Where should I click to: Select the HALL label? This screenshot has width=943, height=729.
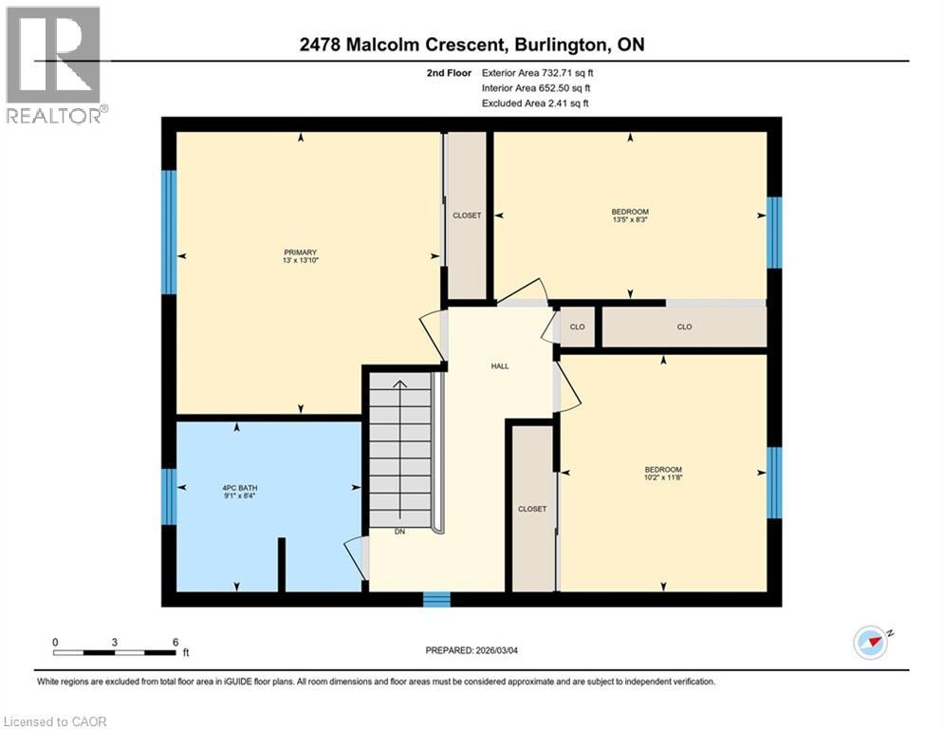(x=500, y=365)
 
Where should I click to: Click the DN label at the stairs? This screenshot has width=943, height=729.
(x=401, y=533)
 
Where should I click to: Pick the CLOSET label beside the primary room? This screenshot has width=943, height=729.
(x=467, y=215)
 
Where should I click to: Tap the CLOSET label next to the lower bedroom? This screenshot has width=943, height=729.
(x=532, y=509)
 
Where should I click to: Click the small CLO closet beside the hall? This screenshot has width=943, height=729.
(x=577, y=327)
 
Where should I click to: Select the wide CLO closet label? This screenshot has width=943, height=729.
(x=684, y=327)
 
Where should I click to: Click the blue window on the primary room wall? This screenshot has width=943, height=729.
(x=169, y=233)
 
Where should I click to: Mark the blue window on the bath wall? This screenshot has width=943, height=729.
(x=169, y=496)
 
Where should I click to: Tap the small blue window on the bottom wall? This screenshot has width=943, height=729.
(x=435, y=599)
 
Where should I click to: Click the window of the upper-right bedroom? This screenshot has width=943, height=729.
(x=774, y=233)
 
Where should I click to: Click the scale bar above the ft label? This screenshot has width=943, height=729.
(x=115, y=652)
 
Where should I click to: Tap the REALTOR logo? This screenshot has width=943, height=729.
(x=52, y=64)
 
